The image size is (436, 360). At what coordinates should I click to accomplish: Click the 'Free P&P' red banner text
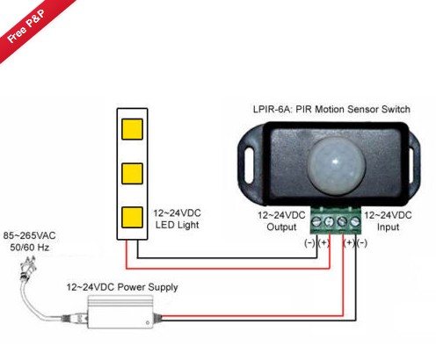click(25, 26)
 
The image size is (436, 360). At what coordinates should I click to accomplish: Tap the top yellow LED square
click(132, 129)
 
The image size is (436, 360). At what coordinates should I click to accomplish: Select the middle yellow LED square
click(132, 174)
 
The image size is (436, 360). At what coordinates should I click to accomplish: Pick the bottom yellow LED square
click(132, 218)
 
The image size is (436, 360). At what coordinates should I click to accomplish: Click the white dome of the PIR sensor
click(337, 163)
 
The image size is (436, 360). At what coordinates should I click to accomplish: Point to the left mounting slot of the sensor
click(249, 166)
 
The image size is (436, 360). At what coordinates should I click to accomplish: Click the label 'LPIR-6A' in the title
click(272, 110)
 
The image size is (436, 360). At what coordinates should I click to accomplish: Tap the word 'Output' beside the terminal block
click(281, 227)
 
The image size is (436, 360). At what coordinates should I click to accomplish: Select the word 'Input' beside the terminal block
click(388, 227)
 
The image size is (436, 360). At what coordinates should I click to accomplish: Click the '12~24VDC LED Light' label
click(177, 219)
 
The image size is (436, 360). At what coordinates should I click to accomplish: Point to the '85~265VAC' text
click(29, 235)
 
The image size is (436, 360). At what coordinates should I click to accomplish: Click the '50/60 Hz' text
click(29, 248)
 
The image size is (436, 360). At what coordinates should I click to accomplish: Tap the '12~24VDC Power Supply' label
click(122, 287)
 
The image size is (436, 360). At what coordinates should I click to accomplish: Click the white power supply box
click(120, 312)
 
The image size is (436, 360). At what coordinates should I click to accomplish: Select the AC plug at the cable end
click(27, 268)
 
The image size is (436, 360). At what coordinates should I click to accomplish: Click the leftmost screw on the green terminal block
click(316, 222)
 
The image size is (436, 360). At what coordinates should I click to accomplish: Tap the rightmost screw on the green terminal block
click(355, 222)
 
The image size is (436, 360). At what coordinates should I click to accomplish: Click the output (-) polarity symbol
click(309, 243)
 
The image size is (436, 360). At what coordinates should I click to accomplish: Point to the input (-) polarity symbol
click(362, 243)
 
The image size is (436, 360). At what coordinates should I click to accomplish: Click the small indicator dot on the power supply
click(148, 322)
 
